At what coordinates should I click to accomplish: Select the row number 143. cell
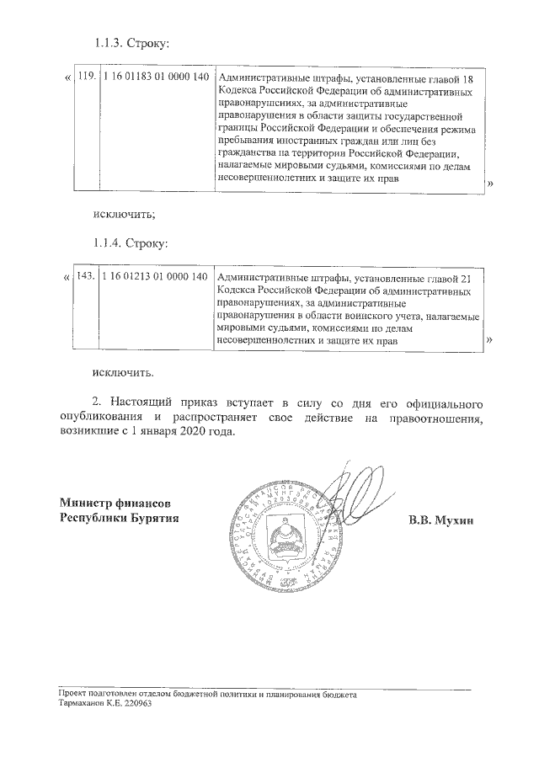pos(86,277)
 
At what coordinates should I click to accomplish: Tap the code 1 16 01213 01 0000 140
pos(154,277)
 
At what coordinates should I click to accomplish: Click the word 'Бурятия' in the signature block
pos(152,518)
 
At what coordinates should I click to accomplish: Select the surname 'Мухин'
pos(457,520)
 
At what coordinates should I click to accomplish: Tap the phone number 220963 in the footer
pos(136,702)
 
